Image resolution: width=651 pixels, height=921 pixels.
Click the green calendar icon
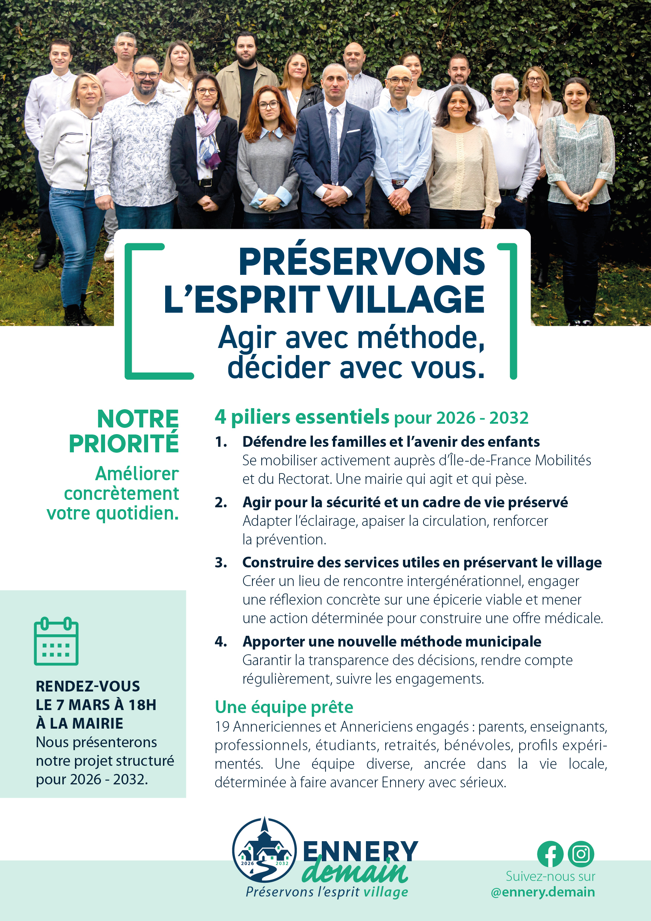click(x=56, y=641)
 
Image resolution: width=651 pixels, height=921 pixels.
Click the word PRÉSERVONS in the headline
click(x=362, y=262)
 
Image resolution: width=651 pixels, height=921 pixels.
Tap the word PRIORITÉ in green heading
click(x=124, y=444)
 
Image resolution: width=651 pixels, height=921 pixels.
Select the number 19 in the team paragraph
click(x=222, y=726)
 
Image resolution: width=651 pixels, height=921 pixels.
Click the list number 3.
click(x=220, y=562)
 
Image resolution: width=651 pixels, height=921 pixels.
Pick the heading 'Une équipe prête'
click(x=284, y=707)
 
